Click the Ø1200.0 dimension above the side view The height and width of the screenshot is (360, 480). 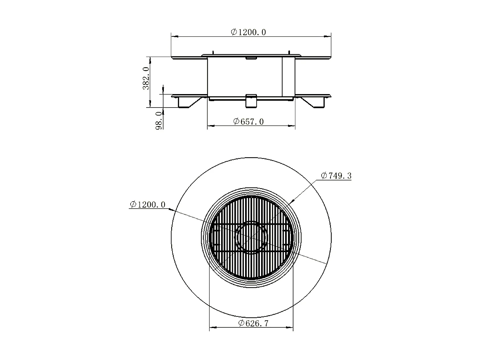[x=248, y=32]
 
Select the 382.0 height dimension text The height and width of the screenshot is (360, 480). [x=146, y=78]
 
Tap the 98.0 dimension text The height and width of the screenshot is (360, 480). [x=159, y=120]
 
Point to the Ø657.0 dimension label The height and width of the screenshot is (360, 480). [x=249, y=122]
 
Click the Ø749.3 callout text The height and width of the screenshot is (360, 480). [x=336, y=176]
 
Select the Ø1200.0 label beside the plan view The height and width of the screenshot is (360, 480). [x=148, y=204]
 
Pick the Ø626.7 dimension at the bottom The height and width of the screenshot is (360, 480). [x=253, y=323]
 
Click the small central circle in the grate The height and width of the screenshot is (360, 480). [x=251, y=237]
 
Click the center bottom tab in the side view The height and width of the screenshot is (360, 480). [x=251, y=100]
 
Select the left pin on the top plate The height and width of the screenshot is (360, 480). [x=213, y=52]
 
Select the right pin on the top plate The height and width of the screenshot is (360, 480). [x=289, y=52]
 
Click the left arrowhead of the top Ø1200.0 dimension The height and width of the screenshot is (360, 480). [x=174, y=36]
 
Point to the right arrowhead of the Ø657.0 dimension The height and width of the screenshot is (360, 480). [x=293, y=126]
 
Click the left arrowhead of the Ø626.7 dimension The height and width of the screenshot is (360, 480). [x=212, y=327]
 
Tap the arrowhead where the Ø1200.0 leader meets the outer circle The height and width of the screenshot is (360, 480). [x=173, y=210]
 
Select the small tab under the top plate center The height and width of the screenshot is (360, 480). [x=251, y=58]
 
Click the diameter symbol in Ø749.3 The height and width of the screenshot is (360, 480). [x=324, y=176]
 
